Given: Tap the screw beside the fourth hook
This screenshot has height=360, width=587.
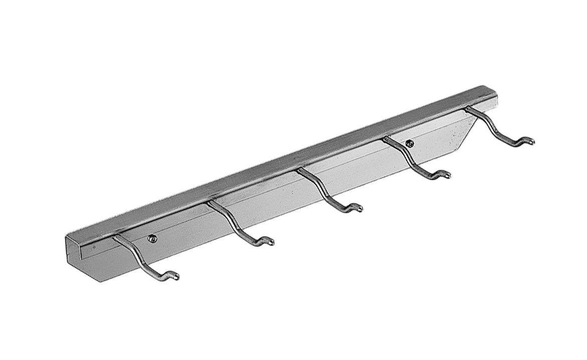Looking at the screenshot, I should point(411,143).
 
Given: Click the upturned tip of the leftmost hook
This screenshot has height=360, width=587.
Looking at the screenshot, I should point(175,275).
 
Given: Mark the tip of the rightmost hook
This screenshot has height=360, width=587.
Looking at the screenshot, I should point(531,141).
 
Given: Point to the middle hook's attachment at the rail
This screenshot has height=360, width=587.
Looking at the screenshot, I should point(300,171).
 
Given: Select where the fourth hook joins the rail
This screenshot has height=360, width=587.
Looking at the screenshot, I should point(386,140).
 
